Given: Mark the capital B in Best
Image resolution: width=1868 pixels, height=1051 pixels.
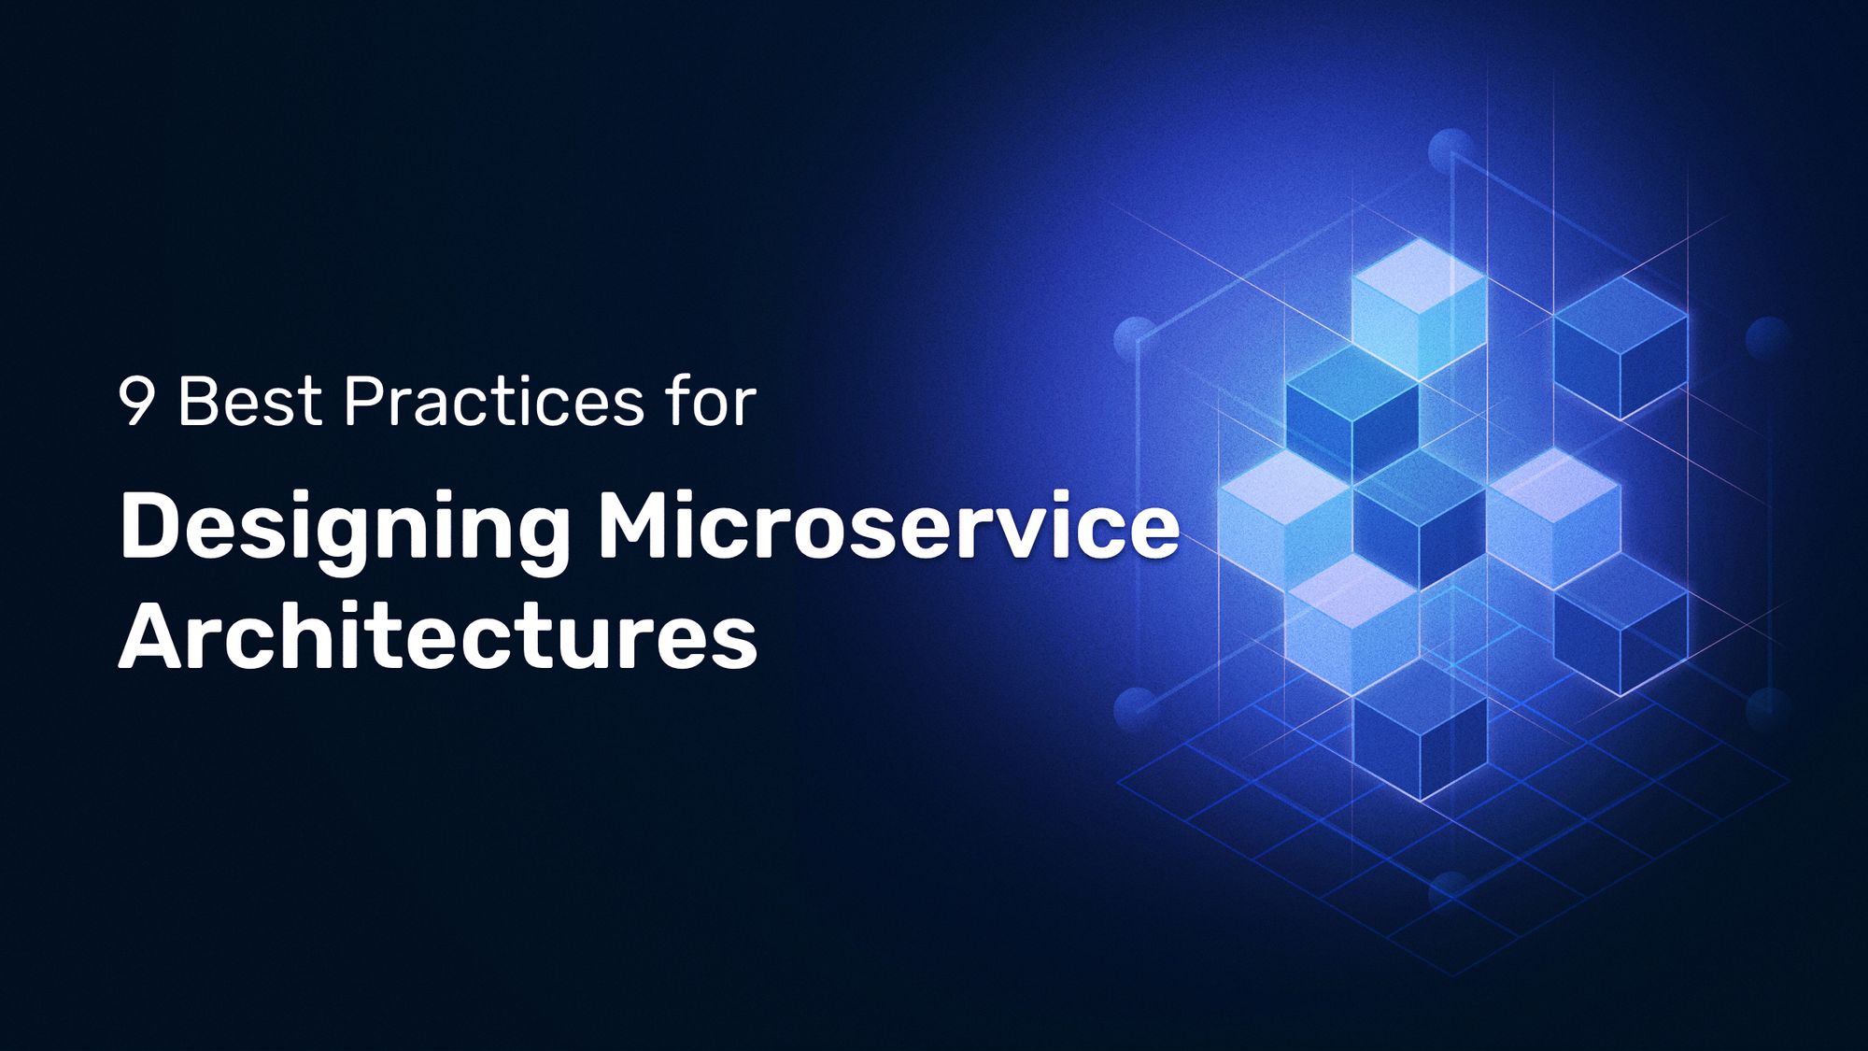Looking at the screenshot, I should click(199, 403).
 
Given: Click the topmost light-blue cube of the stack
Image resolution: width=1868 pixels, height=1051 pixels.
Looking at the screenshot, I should click(1419, 308).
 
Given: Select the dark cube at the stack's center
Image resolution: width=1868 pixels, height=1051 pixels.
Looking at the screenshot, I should click(1419, 518).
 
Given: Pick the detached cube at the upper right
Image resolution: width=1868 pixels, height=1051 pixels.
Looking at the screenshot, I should click(1620, 346).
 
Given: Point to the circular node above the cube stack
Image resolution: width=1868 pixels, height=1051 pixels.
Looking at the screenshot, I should click(1451, 150).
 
